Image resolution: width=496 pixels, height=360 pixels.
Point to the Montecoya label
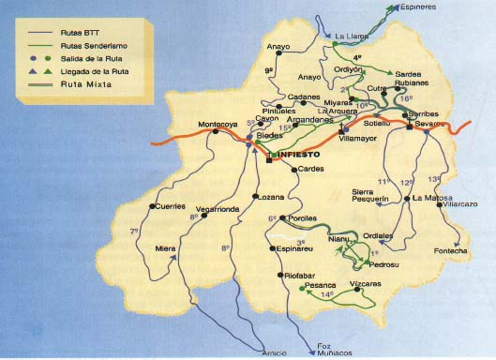tap(221, 124)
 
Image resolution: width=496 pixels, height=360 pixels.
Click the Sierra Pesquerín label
tap(370, 196)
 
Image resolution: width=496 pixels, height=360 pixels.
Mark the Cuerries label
tap(171, 206)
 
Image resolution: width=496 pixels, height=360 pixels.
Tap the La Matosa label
tap(430, 199)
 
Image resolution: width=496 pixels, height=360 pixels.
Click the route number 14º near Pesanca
tap(327, 294)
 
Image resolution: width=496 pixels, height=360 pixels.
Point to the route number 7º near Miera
tap(135, 231)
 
